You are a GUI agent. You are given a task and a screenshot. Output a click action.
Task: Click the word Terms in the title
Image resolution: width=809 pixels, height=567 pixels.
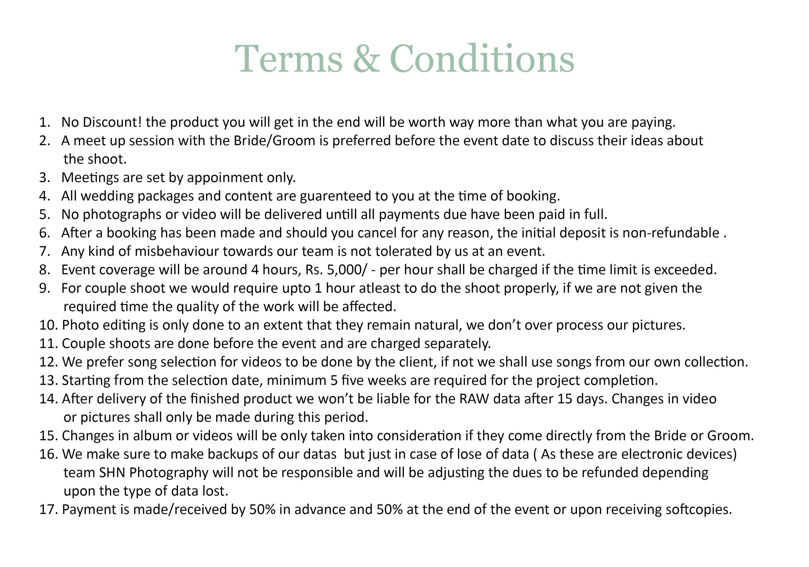tap(288, 59)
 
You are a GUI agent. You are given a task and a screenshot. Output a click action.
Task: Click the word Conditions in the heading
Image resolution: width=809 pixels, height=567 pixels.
tap(482, 59)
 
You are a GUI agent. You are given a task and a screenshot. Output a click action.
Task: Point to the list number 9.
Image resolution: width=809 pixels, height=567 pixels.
tap(45, 288)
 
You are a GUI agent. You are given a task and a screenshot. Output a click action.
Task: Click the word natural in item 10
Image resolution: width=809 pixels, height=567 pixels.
tap(437, 325)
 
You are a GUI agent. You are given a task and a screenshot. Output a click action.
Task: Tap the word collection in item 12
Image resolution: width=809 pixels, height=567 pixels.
tap(716, 362)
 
